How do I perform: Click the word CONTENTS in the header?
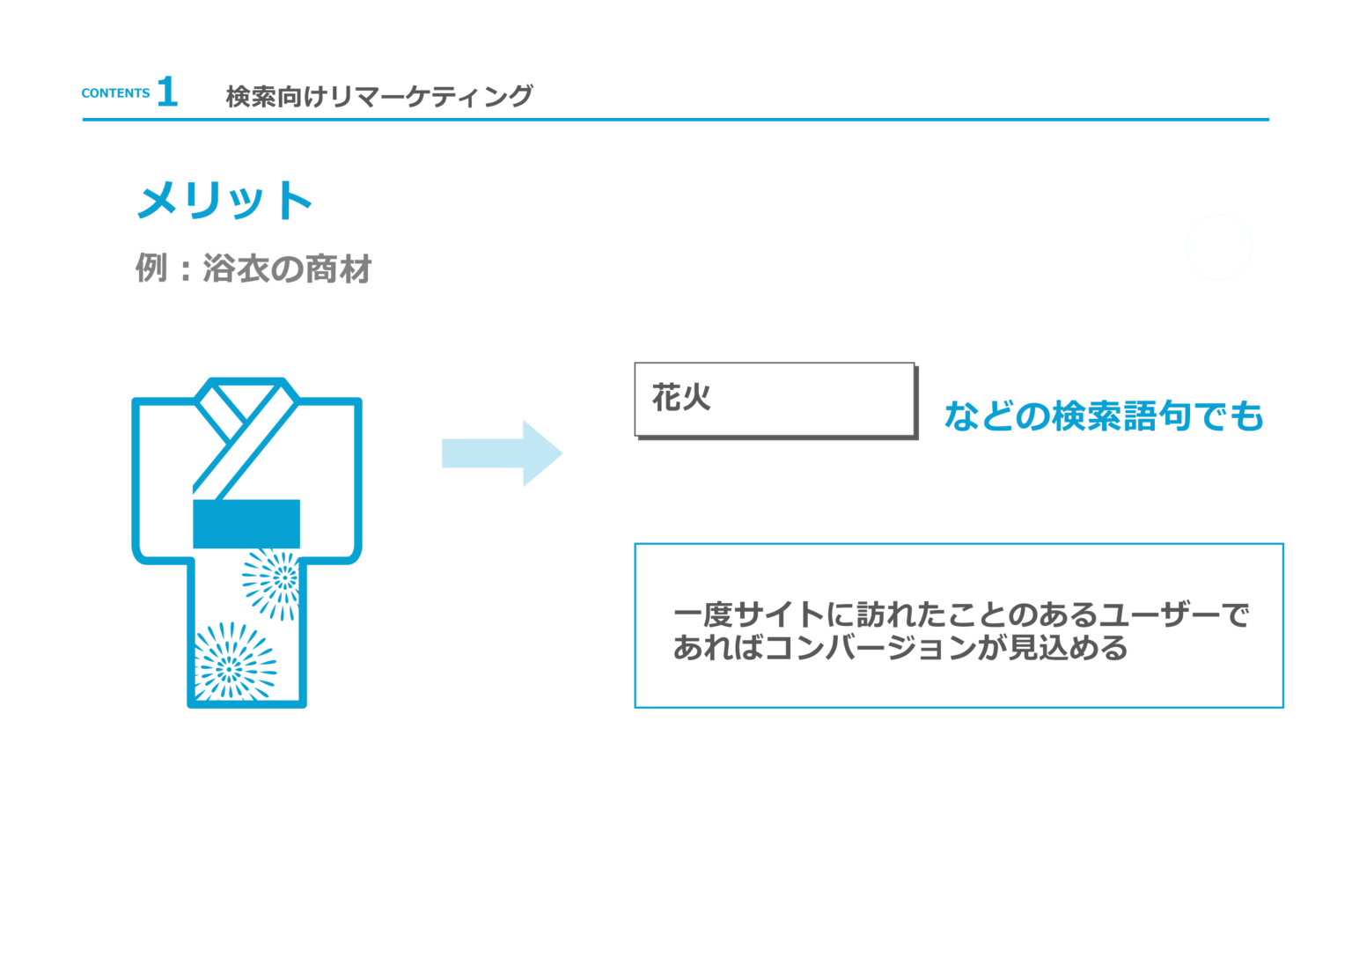115,93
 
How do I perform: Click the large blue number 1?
167,92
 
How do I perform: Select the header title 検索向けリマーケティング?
379,96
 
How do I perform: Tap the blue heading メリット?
225,200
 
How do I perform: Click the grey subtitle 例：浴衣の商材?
253,268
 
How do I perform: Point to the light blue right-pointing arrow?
502,453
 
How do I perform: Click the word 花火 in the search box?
681,398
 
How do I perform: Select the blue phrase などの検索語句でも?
1104,416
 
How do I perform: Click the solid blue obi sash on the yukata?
246,524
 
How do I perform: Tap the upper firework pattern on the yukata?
274,581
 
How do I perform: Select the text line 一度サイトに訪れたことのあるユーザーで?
960,614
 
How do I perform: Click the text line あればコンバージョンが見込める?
900,648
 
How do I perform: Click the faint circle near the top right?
1219,247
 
